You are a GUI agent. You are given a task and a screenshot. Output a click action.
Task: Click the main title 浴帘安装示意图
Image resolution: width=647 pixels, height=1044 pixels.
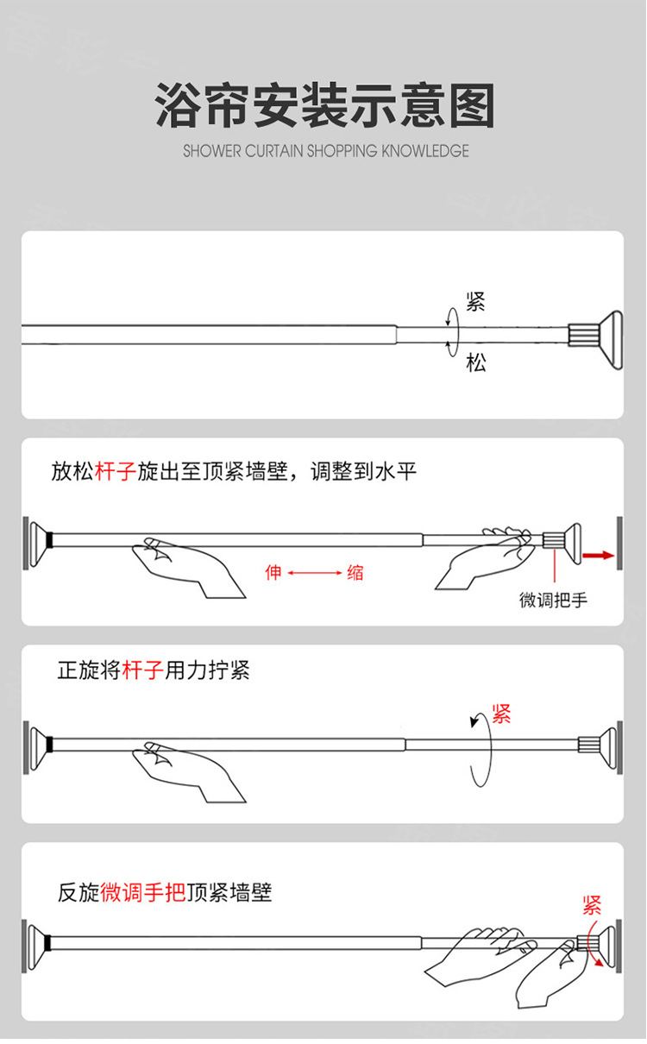point(325,106)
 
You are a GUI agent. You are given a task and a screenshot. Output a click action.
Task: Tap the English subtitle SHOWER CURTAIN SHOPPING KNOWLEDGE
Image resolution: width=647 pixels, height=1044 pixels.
point(325,152)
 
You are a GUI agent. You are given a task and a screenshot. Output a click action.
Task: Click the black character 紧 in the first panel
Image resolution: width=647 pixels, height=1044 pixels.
point(475,302)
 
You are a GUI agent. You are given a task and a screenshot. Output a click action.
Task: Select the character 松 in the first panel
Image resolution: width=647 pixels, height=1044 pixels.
point(475,362)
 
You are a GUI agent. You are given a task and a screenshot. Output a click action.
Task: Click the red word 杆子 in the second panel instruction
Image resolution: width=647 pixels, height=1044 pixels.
point(114,472)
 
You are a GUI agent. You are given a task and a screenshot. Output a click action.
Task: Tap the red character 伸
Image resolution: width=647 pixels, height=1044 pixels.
point(273,572)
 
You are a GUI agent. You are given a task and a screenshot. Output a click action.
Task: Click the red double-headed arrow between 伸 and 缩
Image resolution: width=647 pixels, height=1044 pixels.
point(314,572)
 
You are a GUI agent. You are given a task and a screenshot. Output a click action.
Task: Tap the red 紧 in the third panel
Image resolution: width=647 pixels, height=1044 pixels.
point(501,713)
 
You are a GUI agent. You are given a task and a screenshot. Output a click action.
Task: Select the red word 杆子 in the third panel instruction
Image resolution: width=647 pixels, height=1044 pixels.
point(142,670)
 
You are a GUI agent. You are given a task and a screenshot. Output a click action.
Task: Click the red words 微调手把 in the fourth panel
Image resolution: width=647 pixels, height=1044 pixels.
point(142,892)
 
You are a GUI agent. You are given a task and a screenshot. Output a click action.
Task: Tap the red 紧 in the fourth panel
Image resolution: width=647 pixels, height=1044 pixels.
point(592,905)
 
